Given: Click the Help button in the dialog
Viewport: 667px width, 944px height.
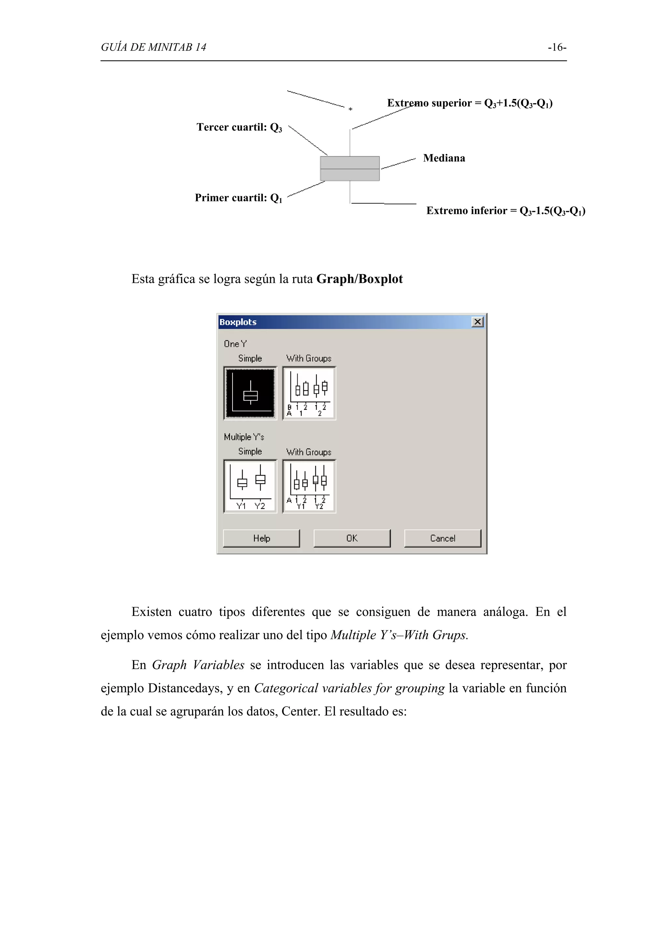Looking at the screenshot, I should coord(262,538).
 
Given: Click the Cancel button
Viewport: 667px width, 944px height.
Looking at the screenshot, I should coord(442,538).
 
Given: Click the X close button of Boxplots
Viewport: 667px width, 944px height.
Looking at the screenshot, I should coord(477,322).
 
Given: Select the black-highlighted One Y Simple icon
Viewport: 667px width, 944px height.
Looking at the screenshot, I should coord(250,393).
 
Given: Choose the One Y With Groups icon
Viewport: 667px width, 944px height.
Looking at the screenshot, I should coord(309,393).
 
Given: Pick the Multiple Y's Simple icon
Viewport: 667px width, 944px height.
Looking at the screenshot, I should coord(250,486).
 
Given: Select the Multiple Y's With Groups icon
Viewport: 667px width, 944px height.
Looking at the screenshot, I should coord(309,486).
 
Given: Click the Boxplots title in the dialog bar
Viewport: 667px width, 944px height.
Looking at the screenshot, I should coord(238,322).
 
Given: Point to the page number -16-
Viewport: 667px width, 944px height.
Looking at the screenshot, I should coord(557,48).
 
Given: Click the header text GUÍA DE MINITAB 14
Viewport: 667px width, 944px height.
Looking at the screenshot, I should coord(153,48).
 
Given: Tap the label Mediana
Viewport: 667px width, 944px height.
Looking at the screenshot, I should coord(444,158).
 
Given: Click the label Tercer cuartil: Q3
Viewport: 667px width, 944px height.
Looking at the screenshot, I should coord(239,127).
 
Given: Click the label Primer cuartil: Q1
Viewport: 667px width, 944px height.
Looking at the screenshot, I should coord(238,198).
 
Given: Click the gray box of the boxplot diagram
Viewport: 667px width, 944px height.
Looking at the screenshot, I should coord(350,169).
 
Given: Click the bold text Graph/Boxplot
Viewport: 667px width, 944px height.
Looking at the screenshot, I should coord(360,279).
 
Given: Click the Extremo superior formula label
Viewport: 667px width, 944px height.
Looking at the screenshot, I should coord(470,103).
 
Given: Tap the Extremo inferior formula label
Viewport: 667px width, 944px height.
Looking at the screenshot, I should coord(505,211).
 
